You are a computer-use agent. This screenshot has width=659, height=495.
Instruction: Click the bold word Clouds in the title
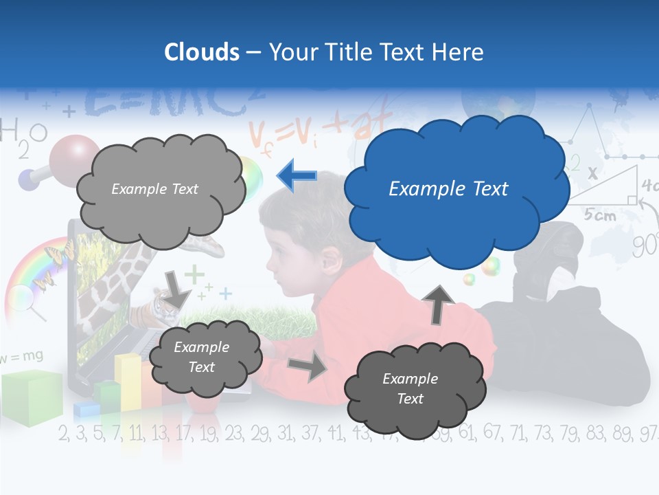click(202, 52)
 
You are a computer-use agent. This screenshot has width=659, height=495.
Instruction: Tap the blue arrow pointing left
click(297, 176)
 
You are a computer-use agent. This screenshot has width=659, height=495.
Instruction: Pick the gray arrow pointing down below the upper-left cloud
click(177, 289)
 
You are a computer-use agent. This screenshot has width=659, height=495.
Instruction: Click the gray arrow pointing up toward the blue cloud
click(441, 302)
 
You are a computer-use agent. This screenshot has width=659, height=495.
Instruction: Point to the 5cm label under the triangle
click(600, 214)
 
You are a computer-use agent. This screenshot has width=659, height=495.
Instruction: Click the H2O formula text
click(23, 133)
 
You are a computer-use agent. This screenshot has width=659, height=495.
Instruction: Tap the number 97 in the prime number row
click(648, 433)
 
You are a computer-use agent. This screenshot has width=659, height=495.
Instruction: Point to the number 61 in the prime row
click(466, 433)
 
